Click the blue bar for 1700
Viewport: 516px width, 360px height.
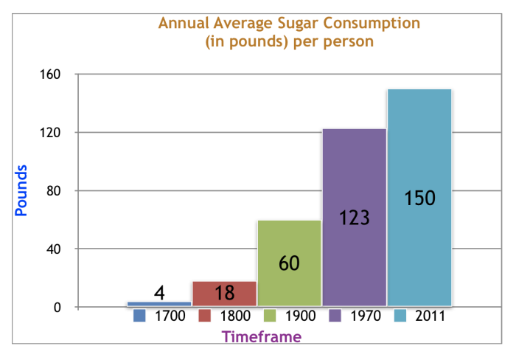click(x=159, y=303)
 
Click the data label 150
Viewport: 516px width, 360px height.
click(x=420, y=198)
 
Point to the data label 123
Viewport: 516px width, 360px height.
click(x=354, y=218)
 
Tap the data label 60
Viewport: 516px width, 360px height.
click(x=289, y=263)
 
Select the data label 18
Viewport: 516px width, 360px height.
click(x=224, y=293)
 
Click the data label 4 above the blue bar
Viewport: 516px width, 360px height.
click(x=159, y=293)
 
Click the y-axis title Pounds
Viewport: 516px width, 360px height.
click(x=21, y=190)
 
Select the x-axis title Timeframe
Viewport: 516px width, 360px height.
click(x=262, y=337)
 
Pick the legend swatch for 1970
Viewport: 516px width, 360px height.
click(x=335, y=316)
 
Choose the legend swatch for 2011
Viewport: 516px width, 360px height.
click(x=400, y=316)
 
